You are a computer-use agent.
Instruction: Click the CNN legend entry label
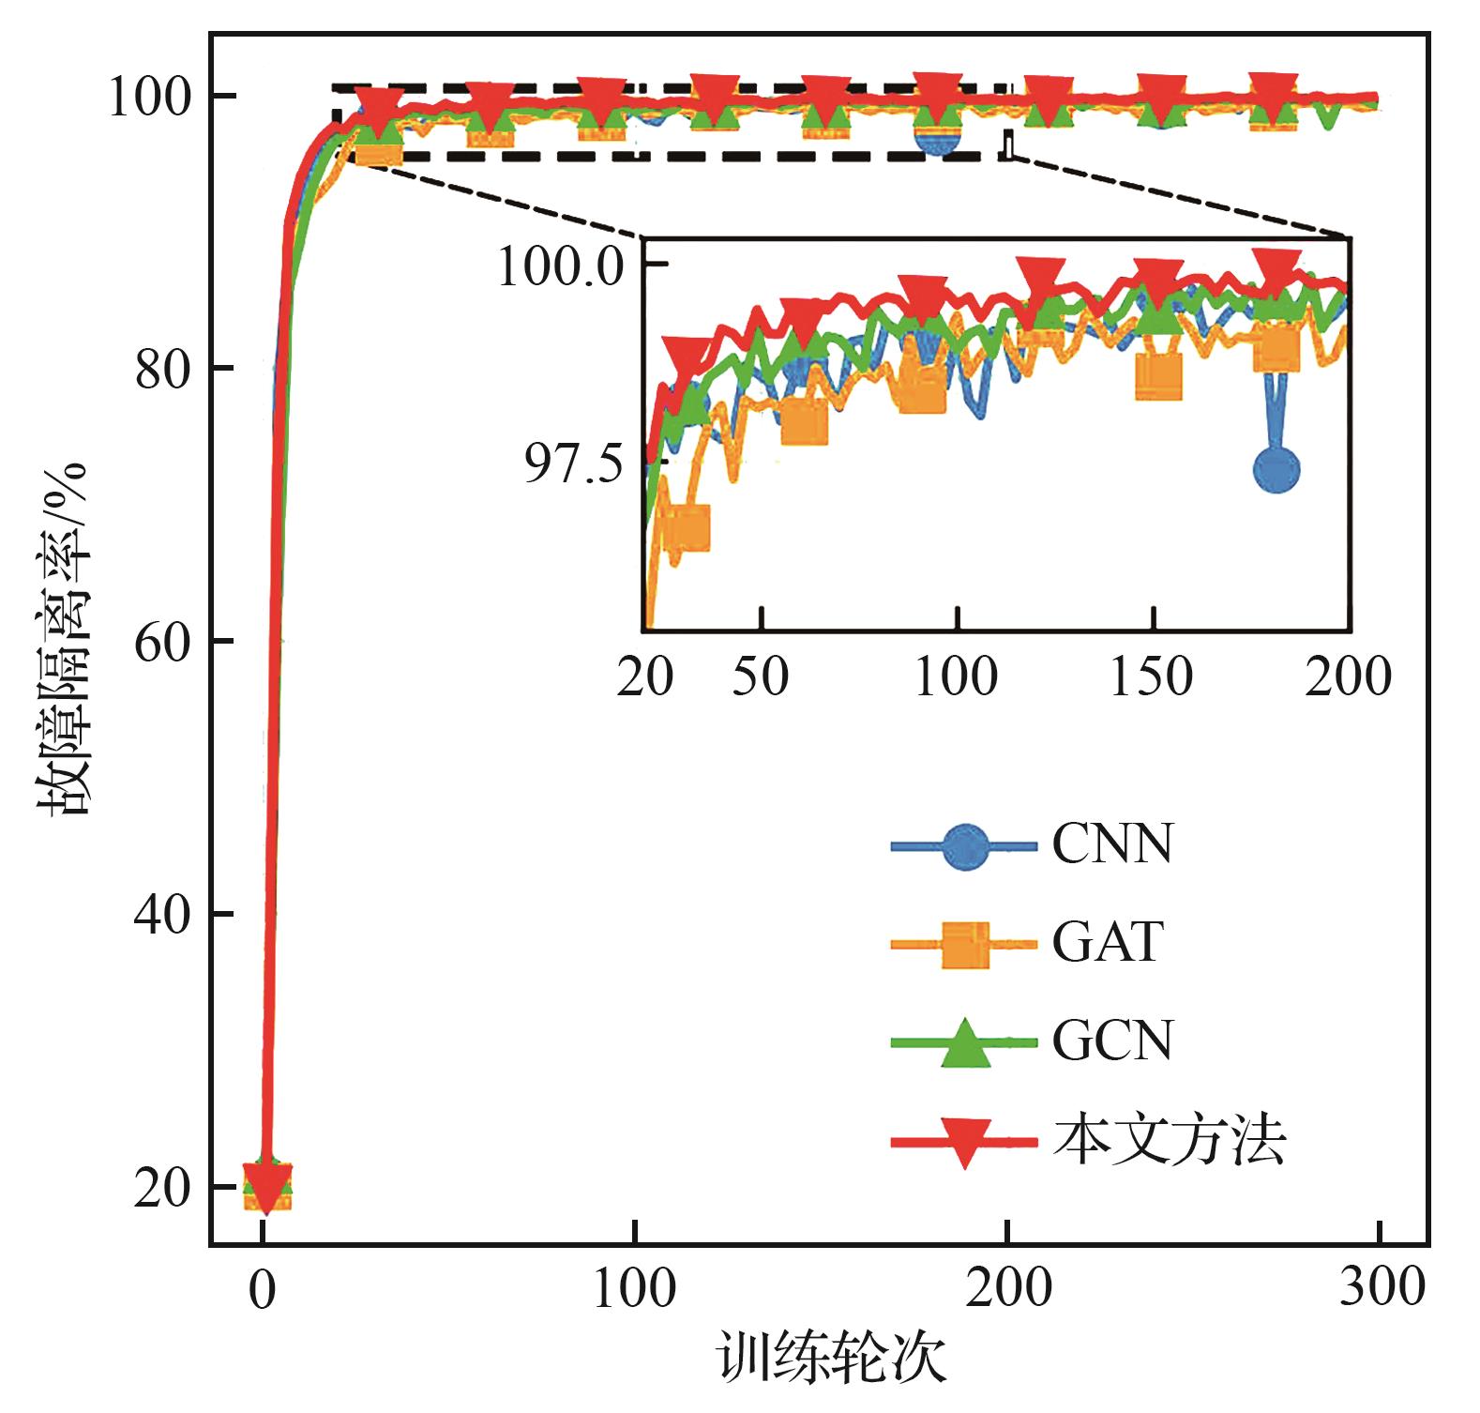1112,844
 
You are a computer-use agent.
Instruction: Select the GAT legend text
1108,943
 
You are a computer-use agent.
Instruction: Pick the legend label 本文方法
1169,1141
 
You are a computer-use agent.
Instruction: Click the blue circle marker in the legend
965,847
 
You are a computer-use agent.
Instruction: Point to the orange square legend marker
965,945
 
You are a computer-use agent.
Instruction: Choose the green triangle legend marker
965,1041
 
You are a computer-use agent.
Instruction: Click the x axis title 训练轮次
832,1360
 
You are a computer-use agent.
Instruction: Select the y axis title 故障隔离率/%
64,638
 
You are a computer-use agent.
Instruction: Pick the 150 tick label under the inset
1152,676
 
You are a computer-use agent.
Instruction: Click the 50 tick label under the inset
761,676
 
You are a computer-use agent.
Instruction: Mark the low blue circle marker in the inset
1276,470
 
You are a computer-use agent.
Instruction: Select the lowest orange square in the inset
687,528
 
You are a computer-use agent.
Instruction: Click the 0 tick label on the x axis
263,1289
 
